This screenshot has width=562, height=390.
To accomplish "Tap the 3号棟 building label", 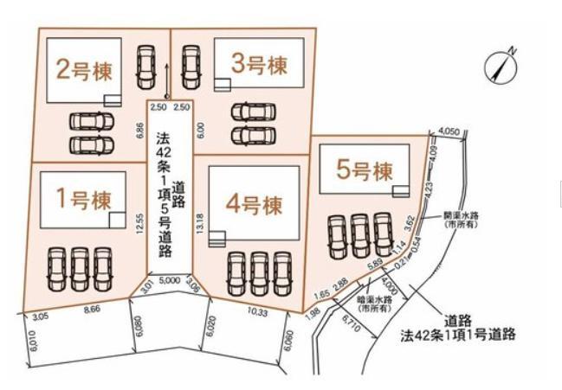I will click(x=258, y=63).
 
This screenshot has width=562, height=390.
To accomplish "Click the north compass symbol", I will click(x=501, y=64).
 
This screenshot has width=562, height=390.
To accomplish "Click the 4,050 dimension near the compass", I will click(x=449, y=131).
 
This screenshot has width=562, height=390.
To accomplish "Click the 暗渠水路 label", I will click(x=373, y=302).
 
